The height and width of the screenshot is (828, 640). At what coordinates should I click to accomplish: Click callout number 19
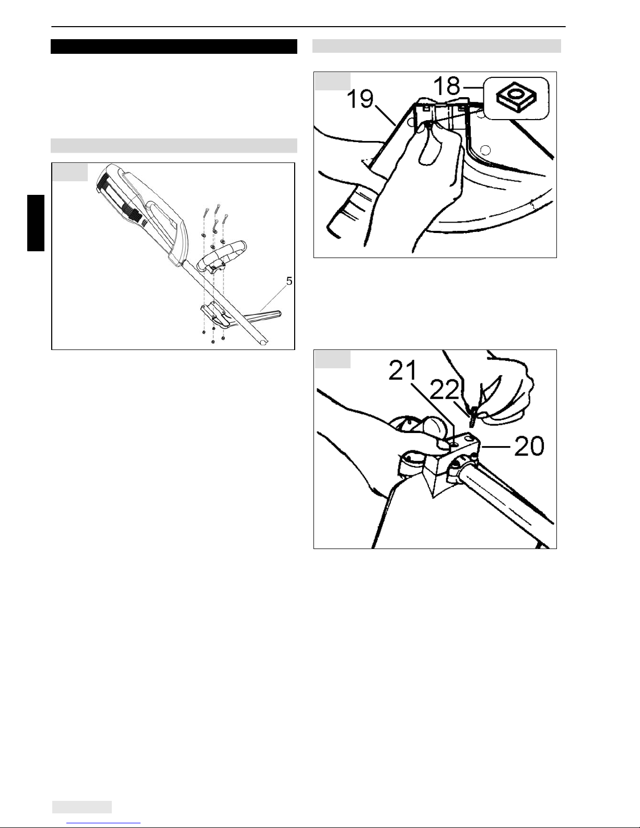(x=360, y=99)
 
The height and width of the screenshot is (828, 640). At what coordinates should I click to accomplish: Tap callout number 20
(x=529, y=446)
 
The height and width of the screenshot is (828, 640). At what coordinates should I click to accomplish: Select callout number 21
(x=403, y=371)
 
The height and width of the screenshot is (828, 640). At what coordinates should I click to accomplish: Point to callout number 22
(x=444, y=391)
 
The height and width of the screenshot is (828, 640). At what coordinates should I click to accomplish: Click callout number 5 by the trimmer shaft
(x=289, y=281)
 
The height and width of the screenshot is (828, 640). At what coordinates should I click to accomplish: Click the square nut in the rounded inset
(x=516, y=98)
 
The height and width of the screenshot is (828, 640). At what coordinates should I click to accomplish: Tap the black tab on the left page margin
(x=36, y=223)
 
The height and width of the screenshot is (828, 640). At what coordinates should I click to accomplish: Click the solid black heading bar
(x=173, y=46)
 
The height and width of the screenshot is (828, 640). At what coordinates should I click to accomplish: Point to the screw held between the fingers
(x=473, y=417)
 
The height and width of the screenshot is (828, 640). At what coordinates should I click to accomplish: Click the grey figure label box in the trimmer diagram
(x=70, y=172)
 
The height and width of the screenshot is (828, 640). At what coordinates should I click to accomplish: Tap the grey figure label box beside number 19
(x=332, y=81)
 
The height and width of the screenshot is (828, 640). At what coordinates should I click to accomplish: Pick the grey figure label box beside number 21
(x=332, y=359)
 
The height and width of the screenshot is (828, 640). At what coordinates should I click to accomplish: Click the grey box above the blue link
(x=82, y=807)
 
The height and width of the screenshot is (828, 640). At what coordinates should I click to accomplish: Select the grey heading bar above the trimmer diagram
(x=173, y=146)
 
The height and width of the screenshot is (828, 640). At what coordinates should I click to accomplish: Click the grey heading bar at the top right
(x=437, y=46)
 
